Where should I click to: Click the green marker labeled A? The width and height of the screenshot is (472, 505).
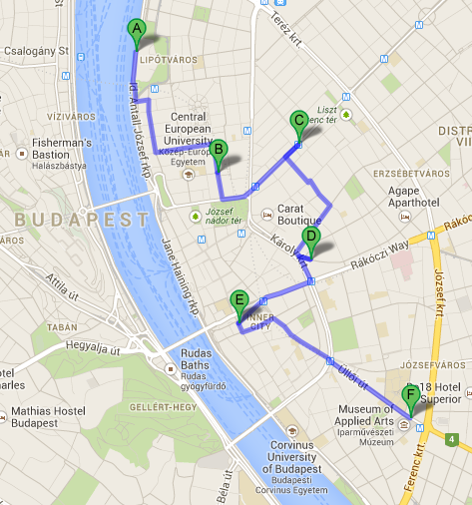[137, 31]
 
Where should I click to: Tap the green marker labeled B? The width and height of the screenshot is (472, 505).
[218, 151]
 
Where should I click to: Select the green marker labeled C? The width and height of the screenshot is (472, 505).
[297, 122]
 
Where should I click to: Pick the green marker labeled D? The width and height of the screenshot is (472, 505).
[310, 239]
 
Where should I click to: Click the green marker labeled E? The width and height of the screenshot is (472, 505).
[238, 299]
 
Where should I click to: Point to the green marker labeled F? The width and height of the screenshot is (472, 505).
[409, 396]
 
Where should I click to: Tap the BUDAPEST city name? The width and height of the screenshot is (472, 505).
[67, 218]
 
